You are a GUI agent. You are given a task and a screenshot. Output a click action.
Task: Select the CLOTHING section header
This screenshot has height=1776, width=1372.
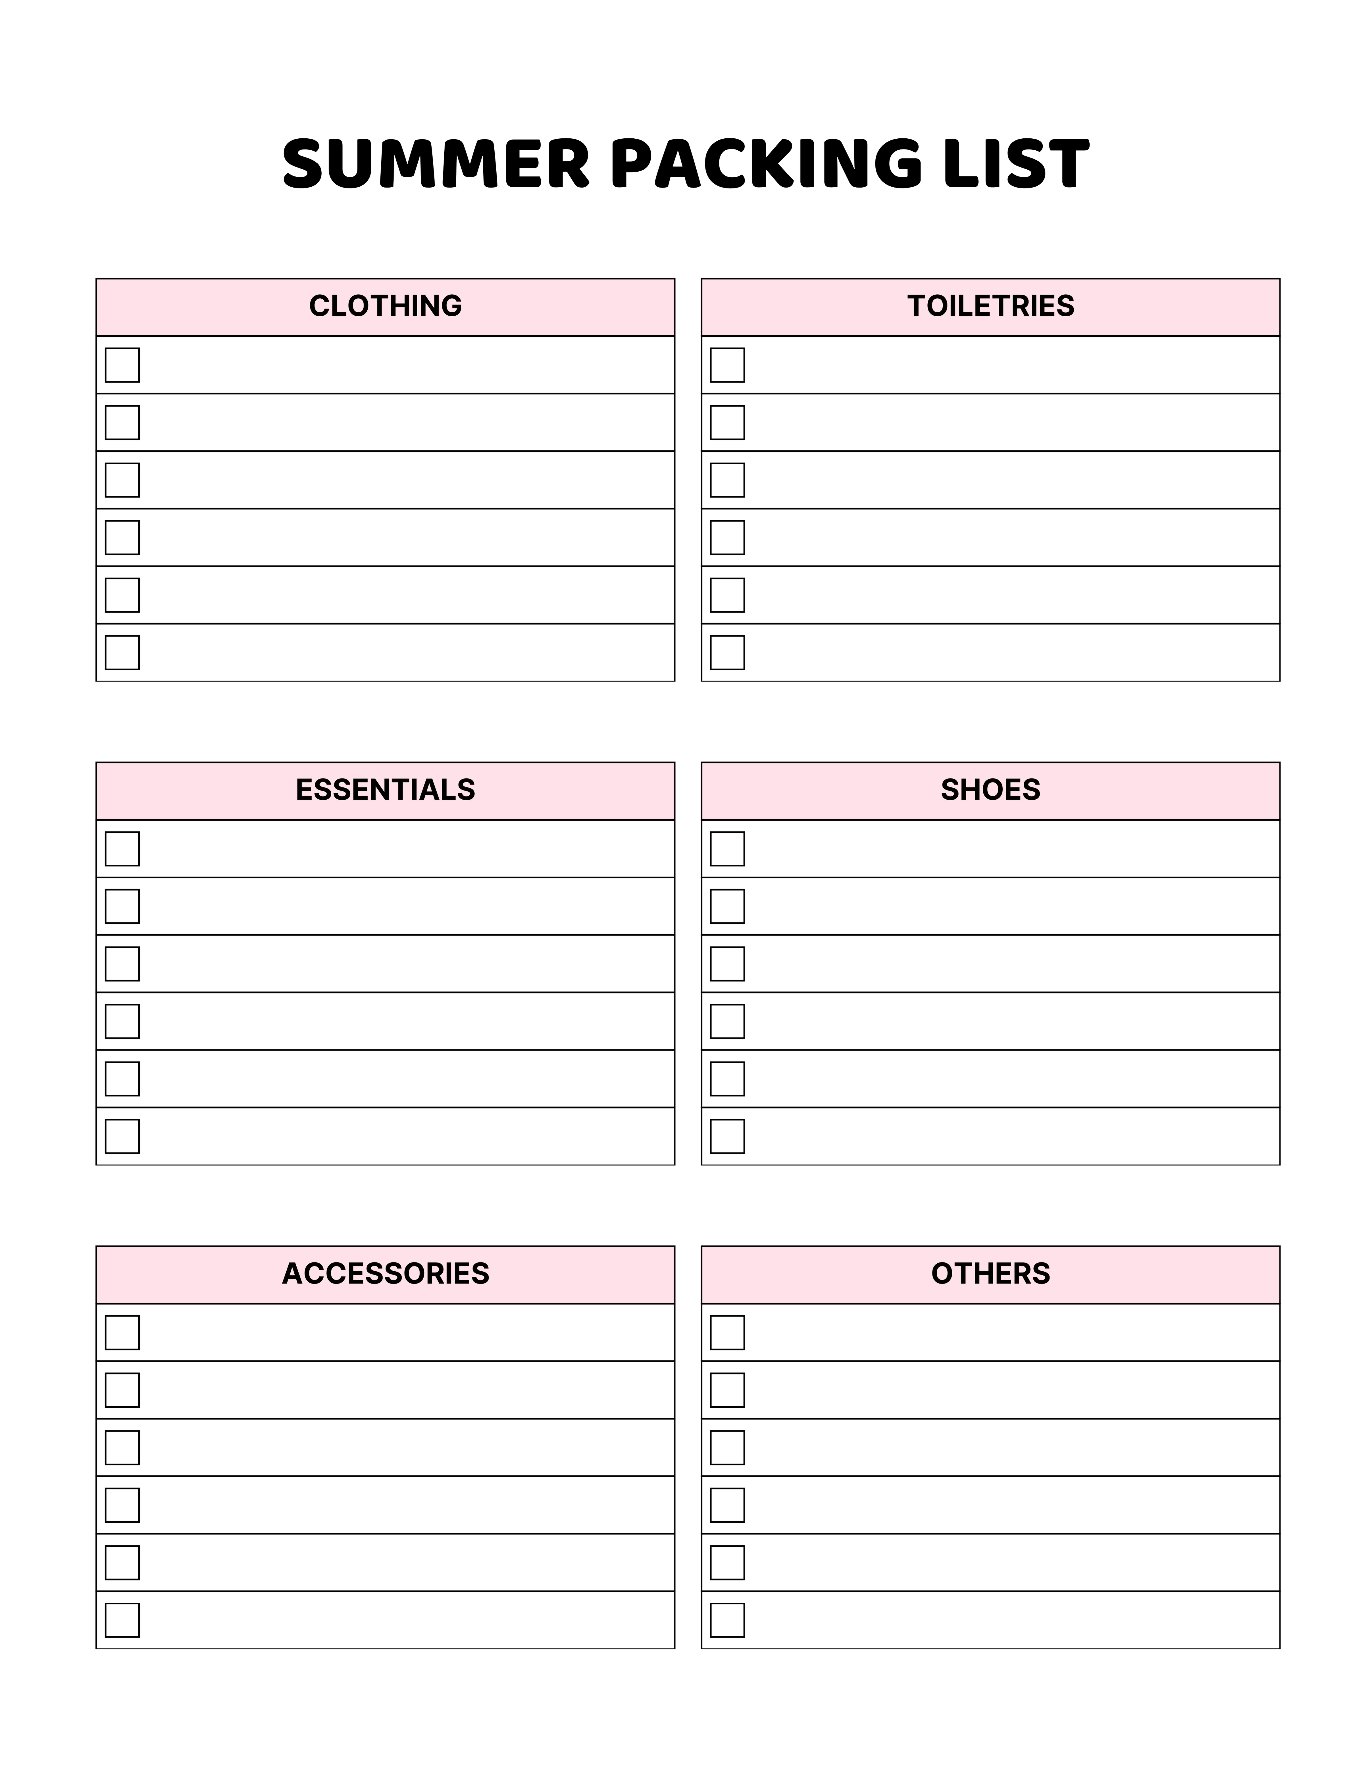[x=386, y=306]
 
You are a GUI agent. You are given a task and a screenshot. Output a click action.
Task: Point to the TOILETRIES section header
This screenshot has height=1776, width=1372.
[x=990, y=306]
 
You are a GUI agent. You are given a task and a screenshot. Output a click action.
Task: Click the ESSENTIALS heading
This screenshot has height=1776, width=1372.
[x=386, y=790]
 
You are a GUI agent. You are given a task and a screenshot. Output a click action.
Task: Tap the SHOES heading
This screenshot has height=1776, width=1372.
[x=990, y=790]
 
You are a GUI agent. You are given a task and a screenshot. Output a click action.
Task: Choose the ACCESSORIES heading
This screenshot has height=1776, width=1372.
[x=386, y=1273]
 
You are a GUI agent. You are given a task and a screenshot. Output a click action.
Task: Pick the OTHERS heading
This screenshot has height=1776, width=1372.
[x=990, y=1273]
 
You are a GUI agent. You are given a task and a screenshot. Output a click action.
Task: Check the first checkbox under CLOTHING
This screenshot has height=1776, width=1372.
[x=122, y=365]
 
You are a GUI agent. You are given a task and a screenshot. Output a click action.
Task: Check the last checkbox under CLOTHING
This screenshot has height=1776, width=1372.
[x=122, y=652]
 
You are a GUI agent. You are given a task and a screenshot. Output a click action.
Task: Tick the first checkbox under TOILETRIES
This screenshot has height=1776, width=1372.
[x=727, y=365]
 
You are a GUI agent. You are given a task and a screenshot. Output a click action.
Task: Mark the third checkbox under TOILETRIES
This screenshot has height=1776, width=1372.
[x=727, y=480]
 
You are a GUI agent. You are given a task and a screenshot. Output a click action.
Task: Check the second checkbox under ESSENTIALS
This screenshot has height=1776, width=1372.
[x=122, y=906]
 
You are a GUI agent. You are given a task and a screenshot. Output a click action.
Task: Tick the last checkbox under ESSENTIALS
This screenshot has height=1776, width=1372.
[x=122, y=1136]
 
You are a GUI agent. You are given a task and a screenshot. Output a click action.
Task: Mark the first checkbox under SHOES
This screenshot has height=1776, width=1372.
[x=727, y=848]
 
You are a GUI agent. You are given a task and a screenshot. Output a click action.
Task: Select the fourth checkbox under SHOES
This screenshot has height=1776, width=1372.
[x=727, y=1021]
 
